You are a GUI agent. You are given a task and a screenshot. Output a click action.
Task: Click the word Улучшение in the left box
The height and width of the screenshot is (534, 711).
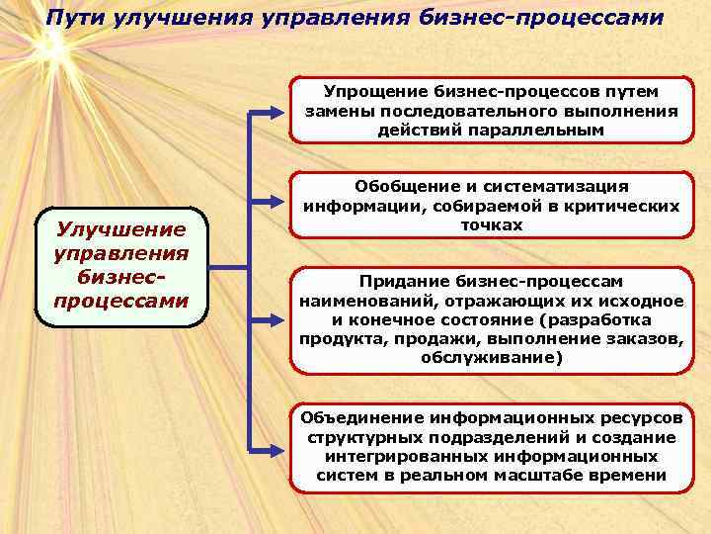(121, 229)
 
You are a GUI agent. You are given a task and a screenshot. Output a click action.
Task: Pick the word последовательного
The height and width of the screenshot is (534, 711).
(450, 111)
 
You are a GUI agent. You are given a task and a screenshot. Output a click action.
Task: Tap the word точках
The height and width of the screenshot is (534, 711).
(491, 225)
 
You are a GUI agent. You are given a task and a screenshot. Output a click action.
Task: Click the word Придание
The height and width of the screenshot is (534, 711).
(403, 282)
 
